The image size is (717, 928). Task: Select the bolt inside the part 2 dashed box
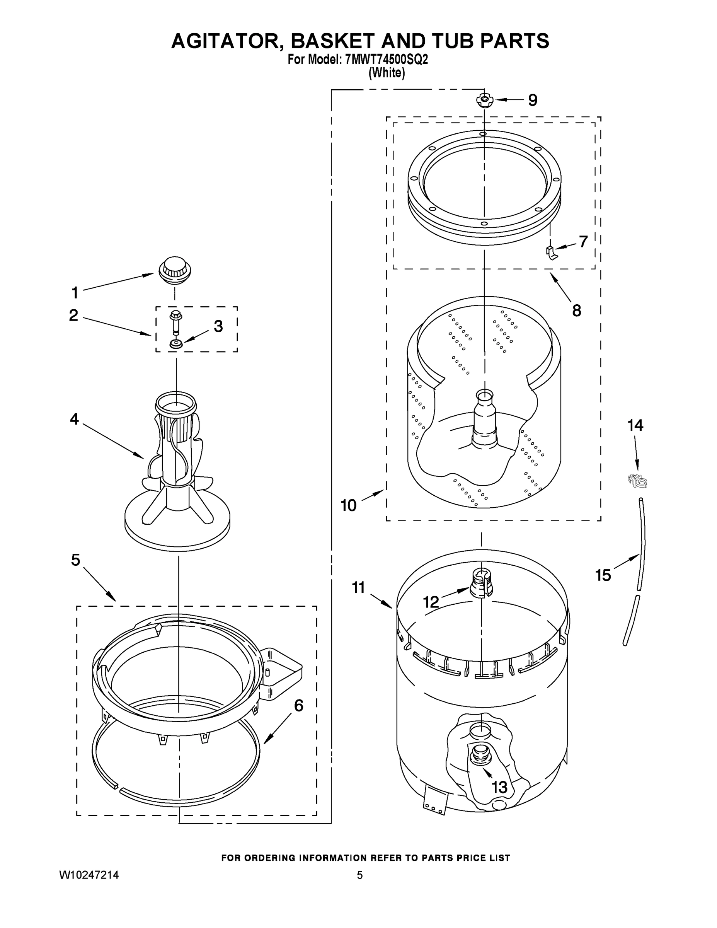point(175,322)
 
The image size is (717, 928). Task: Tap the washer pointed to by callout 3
point(175,343)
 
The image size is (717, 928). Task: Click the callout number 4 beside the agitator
point(74,420)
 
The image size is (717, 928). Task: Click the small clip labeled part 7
point(551,252)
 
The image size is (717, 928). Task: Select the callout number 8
point(576,310)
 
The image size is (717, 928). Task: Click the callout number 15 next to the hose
point(603,575)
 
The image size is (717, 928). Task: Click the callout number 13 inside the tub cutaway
point(499,787)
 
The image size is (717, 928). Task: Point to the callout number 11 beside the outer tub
point(359,588)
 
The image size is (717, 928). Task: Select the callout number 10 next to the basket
point(348,505)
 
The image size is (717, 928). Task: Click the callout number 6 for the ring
point(299,706)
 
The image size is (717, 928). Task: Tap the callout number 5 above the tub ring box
point(75,560)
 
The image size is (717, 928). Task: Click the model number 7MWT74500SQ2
point(387,60)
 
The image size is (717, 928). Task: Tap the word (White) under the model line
point(387,73)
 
